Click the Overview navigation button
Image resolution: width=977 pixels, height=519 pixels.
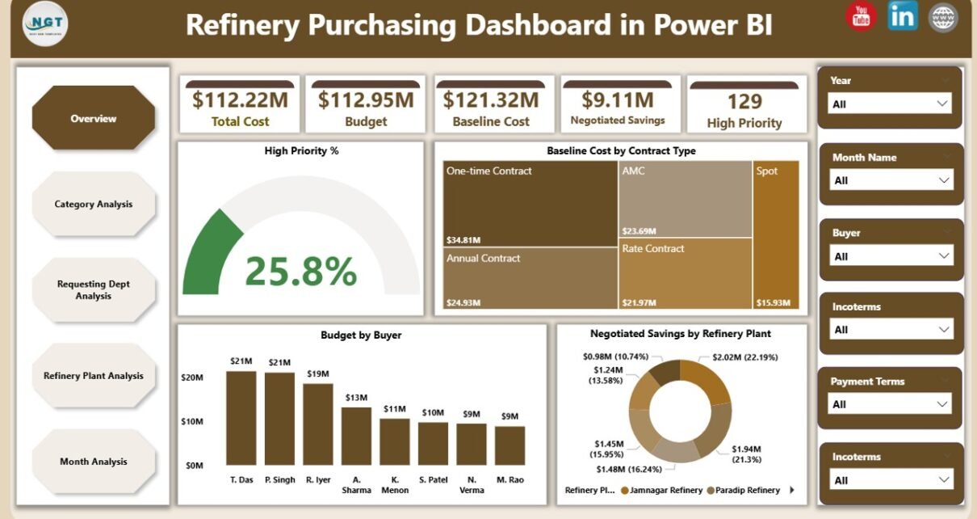(93, 119)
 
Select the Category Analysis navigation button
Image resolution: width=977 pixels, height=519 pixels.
(93, 205)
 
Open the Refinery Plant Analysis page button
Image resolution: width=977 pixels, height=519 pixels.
(93, 376)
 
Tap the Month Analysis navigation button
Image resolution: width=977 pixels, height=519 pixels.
(93, 462)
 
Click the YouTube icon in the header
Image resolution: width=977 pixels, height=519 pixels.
(861, 16)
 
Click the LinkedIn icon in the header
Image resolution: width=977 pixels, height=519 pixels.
(902, 16)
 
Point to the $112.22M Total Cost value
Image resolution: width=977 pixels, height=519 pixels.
(240, 99)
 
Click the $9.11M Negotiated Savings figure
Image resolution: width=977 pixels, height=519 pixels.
(618, 99)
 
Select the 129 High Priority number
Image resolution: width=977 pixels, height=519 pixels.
(744, 101)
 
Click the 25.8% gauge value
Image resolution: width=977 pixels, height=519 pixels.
(300, 272)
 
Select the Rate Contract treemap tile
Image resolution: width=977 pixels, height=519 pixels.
(686, 275)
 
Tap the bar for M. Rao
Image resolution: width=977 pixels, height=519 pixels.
(509, 445)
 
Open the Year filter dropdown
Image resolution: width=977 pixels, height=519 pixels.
(890, 103)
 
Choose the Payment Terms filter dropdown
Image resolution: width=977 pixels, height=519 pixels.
(890, 404)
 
